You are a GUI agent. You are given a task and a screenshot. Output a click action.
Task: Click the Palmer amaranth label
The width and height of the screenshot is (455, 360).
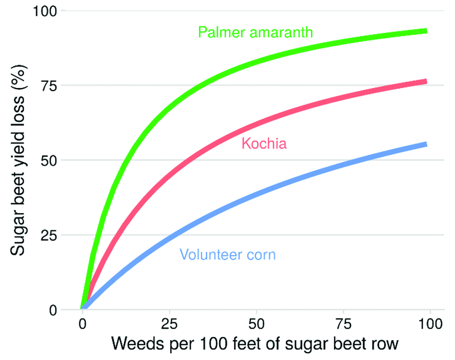point(255,32)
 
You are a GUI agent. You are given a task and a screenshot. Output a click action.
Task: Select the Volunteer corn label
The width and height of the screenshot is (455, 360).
point(227,254)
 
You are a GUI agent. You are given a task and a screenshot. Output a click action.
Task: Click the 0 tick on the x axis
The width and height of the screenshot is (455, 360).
point(83,324)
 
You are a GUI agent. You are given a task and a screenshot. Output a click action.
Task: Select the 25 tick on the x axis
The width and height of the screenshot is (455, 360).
point(169,324)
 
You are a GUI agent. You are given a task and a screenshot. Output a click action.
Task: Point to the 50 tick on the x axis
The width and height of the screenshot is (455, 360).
point(256,324)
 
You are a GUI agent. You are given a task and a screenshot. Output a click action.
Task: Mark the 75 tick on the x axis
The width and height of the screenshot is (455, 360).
point(343,324)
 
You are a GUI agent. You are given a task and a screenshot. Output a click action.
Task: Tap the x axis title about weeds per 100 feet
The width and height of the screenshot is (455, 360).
point(255,345)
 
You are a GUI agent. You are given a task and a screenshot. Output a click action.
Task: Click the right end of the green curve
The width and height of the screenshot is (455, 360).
point(425,31)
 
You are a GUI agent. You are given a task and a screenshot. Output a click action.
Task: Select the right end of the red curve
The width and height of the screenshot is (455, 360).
point(425,81)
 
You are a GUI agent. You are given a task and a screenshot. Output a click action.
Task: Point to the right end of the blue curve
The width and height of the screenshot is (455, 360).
point(425,144)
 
